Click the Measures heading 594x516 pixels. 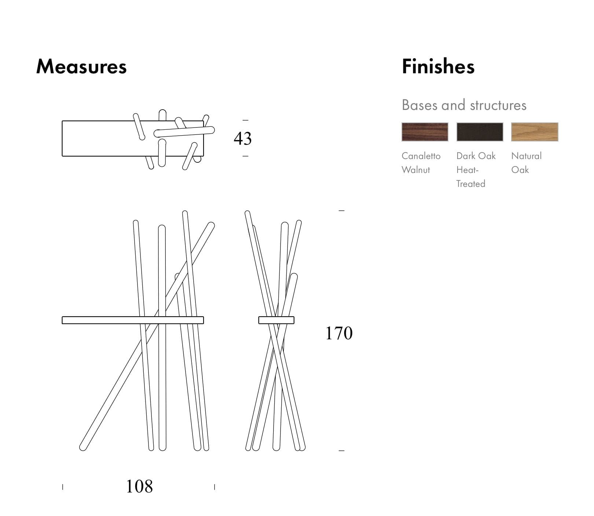pyautogui.click(x=81, y=66)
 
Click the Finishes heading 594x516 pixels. pyautogui.click(x=438, y=66)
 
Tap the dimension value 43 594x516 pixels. pyautogui.click(x=243, y=139)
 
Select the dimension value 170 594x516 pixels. pyautogui.click(x=339, y=333)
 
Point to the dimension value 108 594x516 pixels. pyautogui.click(x=139, y=486)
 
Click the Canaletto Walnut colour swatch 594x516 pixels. pyautogui.click(x=425, y=132)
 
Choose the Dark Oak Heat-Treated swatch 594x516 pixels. pyautogui.click(x=480, y=132)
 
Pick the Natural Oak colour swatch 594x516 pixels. pyautogui.click(x=535, y=132)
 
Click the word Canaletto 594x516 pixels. pyautogui.click(x=421, y=156)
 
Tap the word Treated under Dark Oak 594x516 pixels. pyautogui.click(x=471, y=184)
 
